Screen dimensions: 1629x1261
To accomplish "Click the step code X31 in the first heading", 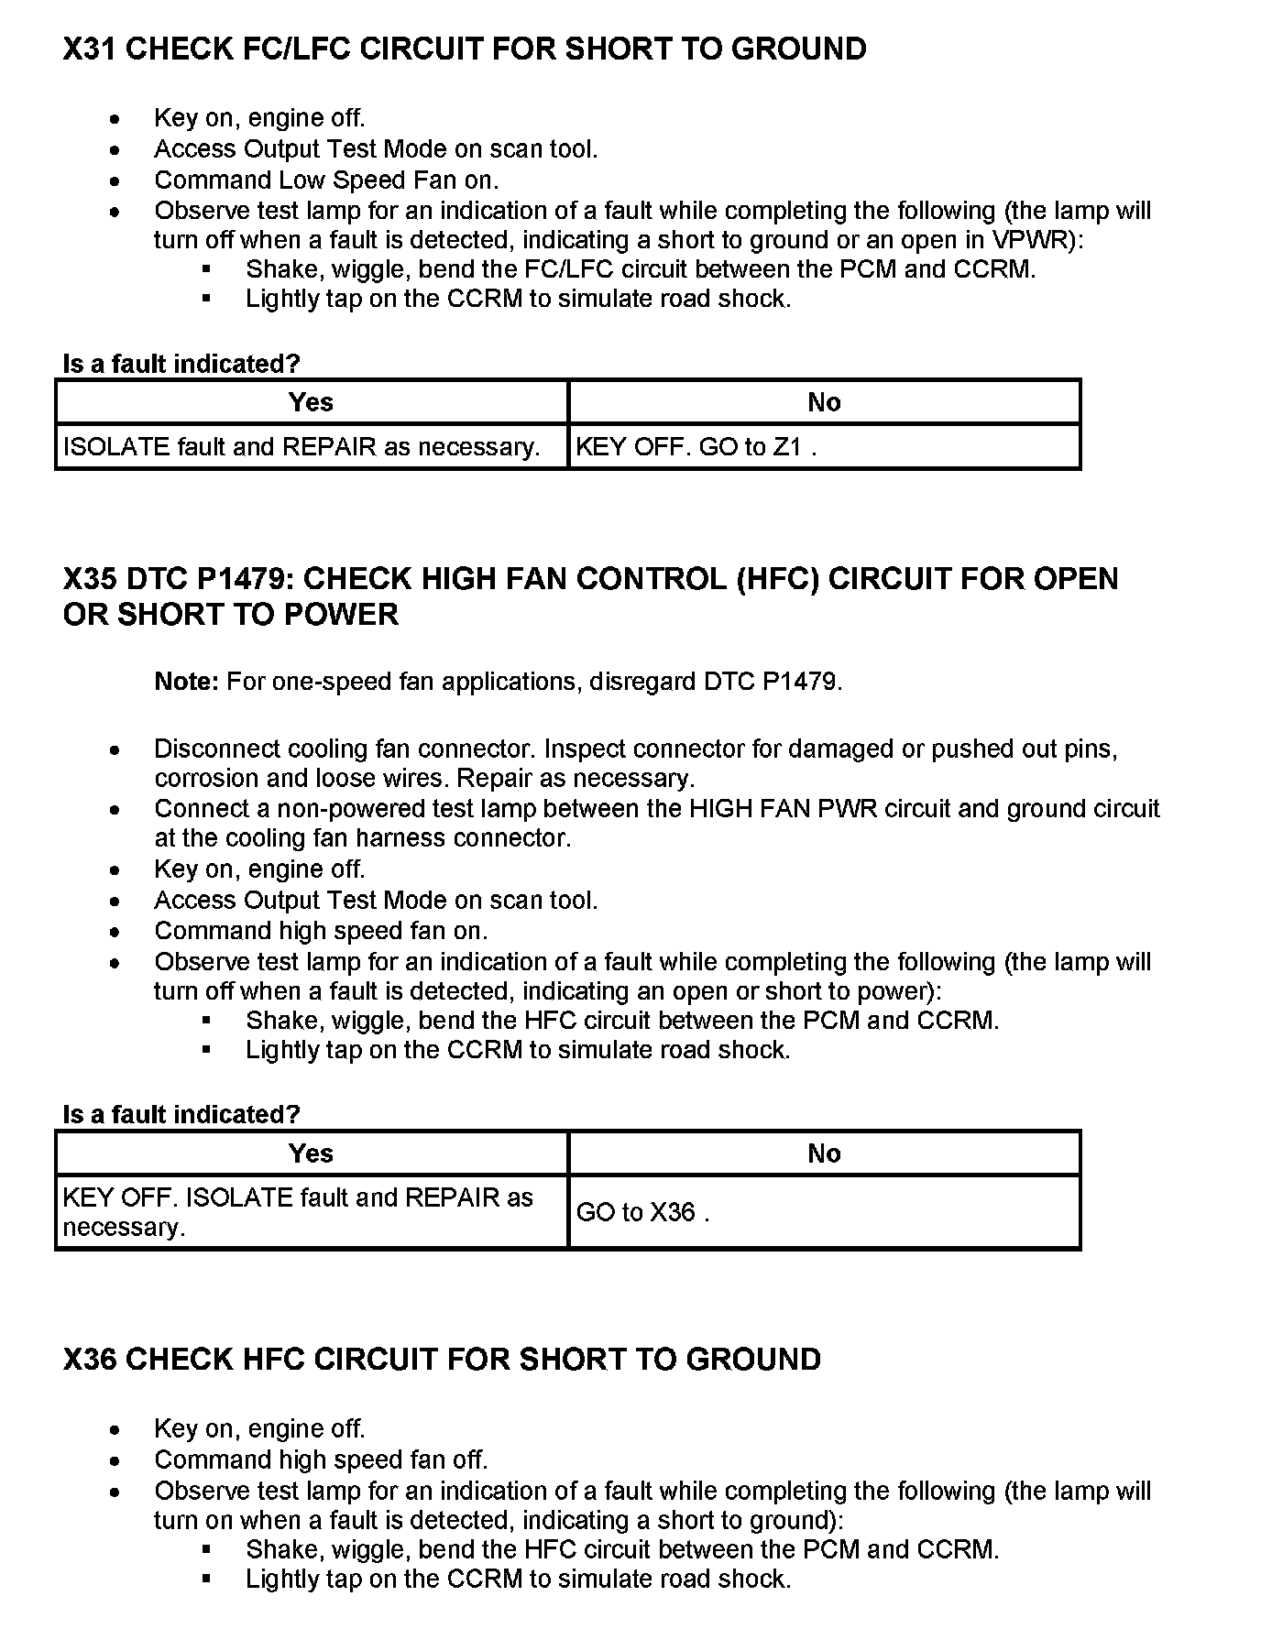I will pos(89,49).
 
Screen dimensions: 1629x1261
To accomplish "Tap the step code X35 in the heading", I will pos(89,579).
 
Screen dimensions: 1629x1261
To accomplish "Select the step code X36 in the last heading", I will pos(89,1359).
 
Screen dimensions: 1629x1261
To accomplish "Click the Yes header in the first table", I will pos(311,402).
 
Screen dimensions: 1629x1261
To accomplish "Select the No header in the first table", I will pos(824,402).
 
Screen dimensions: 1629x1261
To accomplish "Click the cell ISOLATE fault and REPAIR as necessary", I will pos(302,447).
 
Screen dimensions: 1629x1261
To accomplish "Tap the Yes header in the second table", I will pos(311,1153).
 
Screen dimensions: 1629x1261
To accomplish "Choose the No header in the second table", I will pos(824,1153).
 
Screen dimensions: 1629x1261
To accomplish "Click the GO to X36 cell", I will pos(642,1212).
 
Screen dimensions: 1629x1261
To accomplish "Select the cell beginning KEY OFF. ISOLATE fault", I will pos(298,1211).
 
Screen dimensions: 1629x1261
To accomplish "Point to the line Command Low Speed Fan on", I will pos(326,180).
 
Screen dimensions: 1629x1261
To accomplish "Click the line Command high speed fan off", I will pos(321,1460).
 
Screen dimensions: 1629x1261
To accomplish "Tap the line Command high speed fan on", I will pos(321,931).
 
